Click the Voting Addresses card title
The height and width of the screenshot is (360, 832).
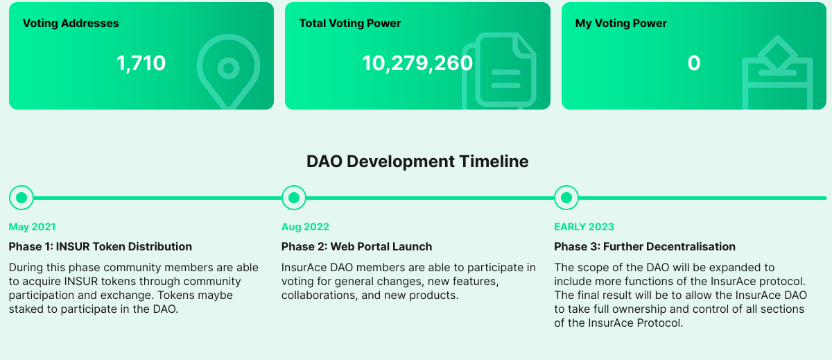pos(71,23)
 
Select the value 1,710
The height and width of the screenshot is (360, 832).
pos(141,63)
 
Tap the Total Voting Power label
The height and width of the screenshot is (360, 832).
pos(350,23)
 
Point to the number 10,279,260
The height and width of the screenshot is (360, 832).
pos(417,63)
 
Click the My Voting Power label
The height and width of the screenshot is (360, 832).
pos(621,23)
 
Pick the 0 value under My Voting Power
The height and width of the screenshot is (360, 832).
pos(694,63)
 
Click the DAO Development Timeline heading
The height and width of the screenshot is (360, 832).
pos(417,162)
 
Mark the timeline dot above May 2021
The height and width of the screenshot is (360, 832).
pos(21,198)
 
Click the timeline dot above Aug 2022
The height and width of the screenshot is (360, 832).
pos(294,198)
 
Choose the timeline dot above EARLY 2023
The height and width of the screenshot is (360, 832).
pos(566,198)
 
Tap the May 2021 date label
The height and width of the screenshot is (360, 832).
pos(33,227)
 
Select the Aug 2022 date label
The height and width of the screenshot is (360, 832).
pos(305,227)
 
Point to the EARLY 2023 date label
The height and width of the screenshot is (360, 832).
pos(584,227)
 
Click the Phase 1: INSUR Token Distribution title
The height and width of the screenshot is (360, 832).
pos(101,247)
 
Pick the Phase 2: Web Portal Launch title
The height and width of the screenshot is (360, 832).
pos(356,247)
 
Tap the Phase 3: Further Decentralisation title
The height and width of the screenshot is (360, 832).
pos(644,247)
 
